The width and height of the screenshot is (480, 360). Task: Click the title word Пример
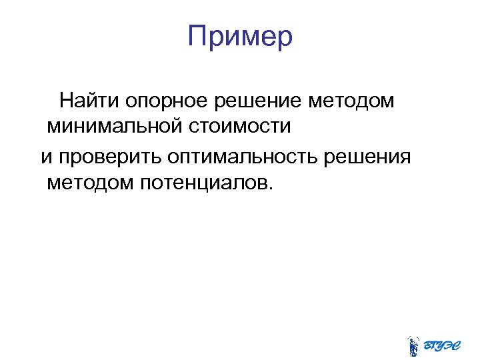coord(240,36)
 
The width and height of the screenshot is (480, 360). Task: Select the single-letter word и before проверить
coord(46,157)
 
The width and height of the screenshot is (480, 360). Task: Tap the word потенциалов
coord(203,182)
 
